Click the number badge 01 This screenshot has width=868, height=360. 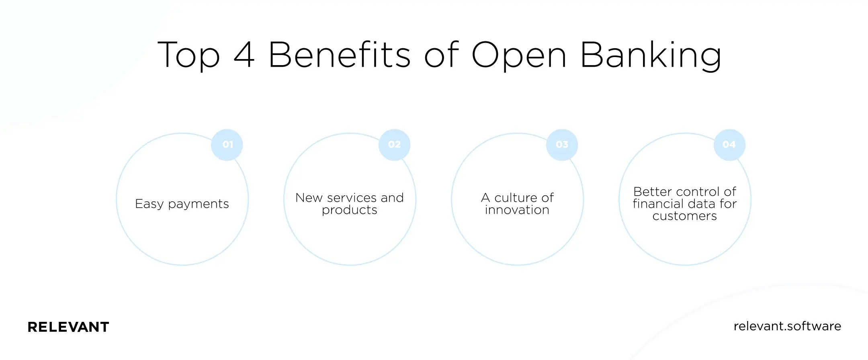(227, 145)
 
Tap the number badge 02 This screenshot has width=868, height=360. (394, 145)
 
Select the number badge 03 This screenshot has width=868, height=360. (562, 145)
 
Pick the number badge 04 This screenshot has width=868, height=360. (729, 145)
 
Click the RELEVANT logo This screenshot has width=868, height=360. (68, 327)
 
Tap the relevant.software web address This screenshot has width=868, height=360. (787, 326)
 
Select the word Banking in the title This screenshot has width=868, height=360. (651, 55)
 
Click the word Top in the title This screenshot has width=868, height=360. (189, 55)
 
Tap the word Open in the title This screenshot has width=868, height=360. (519, 55)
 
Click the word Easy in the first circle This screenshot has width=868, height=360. (149, 204)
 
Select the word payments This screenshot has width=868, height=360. (199, 204)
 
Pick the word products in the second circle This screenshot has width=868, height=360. (350, 210)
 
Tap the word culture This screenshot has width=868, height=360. (516, 198)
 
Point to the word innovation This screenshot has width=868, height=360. (517, 210)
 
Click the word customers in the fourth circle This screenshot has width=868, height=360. (685, 216)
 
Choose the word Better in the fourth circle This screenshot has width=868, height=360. (652, 192)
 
